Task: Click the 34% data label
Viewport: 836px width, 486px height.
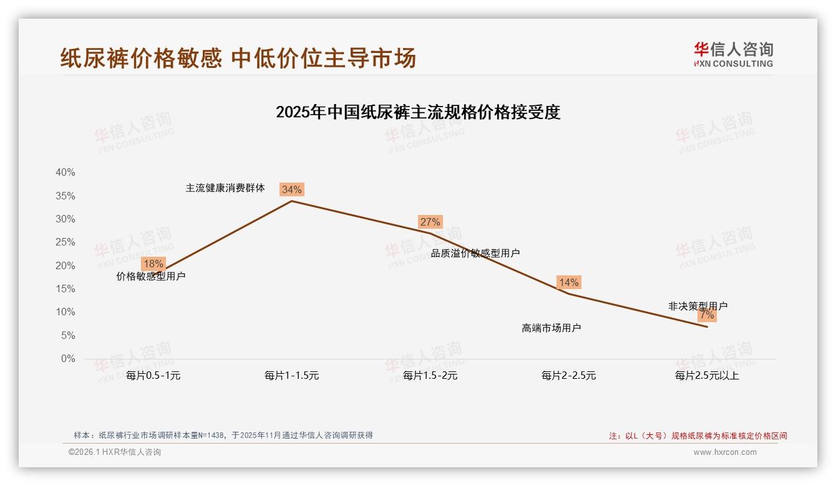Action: click(291, 189)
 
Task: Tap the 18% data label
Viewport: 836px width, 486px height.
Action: click(153, 264)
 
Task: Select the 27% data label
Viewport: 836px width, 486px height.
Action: click(430, 222)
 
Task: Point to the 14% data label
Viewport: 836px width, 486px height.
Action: click(568, 282)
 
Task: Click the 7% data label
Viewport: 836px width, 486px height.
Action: click(707, 315)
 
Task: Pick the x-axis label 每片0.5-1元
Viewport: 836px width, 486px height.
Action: click(153, 376)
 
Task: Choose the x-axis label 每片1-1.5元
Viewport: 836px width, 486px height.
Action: click(291, 376)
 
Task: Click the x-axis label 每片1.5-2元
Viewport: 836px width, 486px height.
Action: click(430, 376)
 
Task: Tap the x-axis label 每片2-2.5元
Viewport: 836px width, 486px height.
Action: click(568, 376)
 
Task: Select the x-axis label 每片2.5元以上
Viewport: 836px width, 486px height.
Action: click(707, 376)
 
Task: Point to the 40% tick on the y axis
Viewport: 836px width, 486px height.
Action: click(66, 173)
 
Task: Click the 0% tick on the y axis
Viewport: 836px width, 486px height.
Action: click(68, 359)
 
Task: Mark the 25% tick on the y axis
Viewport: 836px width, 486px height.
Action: click(66, 242)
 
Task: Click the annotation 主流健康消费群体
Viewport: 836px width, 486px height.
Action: click(225, 188)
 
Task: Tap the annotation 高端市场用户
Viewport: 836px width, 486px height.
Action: click(551, 328)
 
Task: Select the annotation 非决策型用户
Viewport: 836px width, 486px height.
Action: click(697, 306)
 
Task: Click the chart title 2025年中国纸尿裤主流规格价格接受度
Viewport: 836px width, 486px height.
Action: click(418, 112)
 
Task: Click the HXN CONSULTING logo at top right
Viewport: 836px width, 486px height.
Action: click(733, 55)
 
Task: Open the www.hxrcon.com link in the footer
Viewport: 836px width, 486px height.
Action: click(725, 452)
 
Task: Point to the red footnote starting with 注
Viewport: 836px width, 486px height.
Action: click(698, 436)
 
